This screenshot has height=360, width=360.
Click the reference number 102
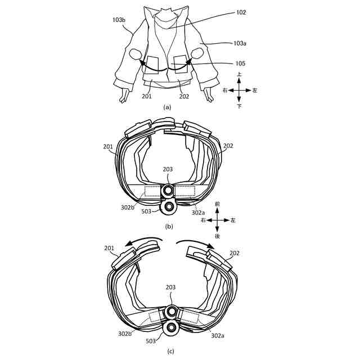(x=241, y=12)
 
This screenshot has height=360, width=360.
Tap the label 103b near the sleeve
(x=119, y=20)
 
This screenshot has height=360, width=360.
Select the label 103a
(x=240, y=43)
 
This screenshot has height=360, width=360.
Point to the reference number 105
(x=240, y=64)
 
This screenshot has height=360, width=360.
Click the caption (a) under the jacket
(x=167, y=107)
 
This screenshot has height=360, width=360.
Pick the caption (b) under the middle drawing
(x=169, y=227)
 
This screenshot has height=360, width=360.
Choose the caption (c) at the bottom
(x=170, y=352)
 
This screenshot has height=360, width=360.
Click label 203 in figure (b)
(x=168, y=169)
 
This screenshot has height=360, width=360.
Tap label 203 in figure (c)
(x=170, y=287)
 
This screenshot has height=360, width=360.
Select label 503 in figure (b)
(x=146, y=211)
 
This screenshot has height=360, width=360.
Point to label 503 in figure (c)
(x=151, y=341)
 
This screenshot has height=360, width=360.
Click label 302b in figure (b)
(x=128, y=208)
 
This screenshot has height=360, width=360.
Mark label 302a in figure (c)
(x=218, y=336)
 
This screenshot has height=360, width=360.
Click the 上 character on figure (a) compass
(x=239, y=74)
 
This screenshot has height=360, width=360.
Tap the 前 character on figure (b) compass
(x=217, y=204)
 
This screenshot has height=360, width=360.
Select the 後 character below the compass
(x=217, y=236)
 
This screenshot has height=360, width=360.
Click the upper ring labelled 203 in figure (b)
(x=169, y=190)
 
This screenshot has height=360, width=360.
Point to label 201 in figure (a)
(x=147, y=96)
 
